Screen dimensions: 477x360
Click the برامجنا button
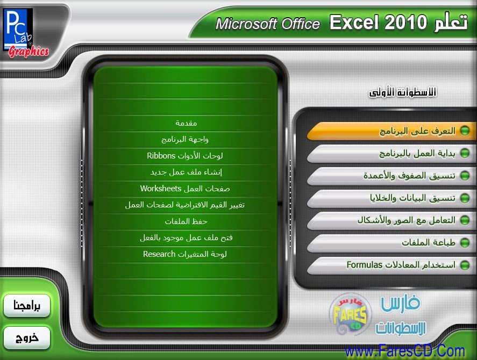pos(27,306)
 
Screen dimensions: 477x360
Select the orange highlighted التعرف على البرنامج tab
pos(391,131)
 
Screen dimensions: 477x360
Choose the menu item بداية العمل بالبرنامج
pos(391,154)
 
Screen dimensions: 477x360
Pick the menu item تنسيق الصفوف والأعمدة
pos(391,176)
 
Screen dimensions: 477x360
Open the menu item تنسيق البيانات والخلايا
pos(391,198)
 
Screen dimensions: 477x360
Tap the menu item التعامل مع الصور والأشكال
pos(391,220)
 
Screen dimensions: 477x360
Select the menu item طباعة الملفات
pos(391,243)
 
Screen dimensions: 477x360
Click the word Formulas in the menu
pos(364,265)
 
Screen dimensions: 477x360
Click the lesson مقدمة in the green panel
pos(186,123)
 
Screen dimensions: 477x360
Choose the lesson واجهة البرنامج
pos(185,140)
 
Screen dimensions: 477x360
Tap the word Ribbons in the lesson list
pos(161,156)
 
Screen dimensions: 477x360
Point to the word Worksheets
pos(161,189)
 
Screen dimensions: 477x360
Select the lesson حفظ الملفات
pos(186,221)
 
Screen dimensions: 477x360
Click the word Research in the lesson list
pos(159,254)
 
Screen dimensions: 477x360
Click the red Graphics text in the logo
pos(29,52)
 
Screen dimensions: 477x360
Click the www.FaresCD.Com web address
pos(405,351)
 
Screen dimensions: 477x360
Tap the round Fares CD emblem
pos(351,314)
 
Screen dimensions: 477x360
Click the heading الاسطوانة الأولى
pos(403,92)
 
